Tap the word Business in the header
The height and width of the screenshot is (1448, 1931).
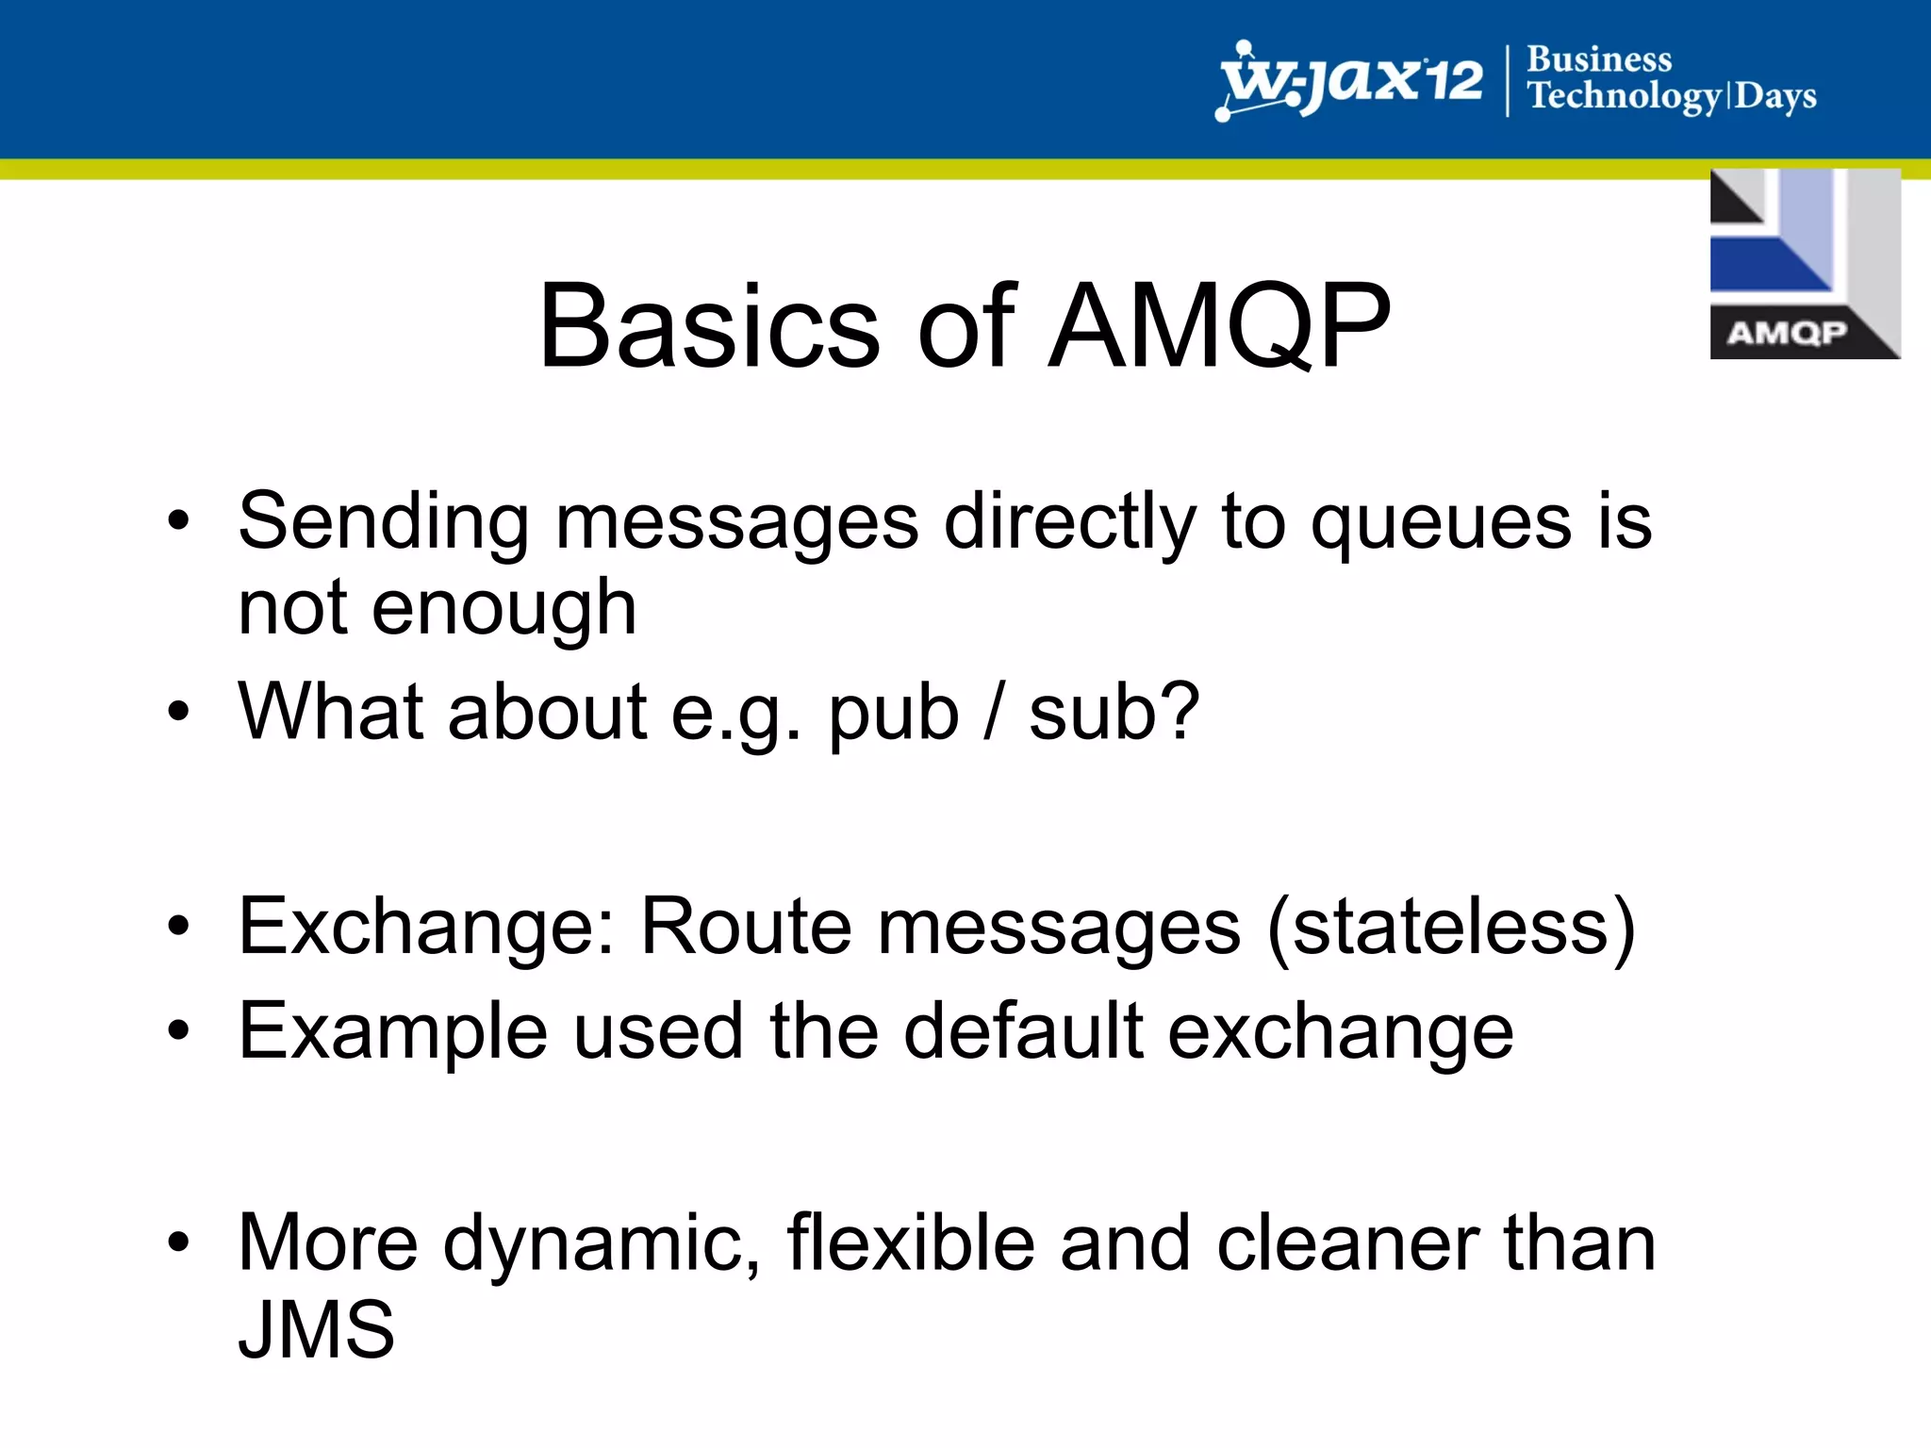1599,58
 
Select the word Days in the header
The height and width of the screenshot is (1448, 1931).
1775,96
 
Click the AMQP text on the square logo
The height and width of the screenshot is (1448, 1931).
1786,333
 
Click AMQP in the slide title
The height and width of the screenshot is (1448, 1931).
1218,326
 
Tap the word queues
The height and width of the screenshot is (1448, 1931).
1441,523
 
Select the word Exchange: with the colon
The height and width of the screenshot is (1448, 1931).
426,927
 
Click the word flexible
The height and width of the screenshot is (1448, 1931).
910,1243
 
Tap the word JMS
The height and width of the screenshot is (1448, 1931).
316,1329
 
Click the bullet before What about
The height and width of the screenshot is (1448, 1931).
178,712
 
